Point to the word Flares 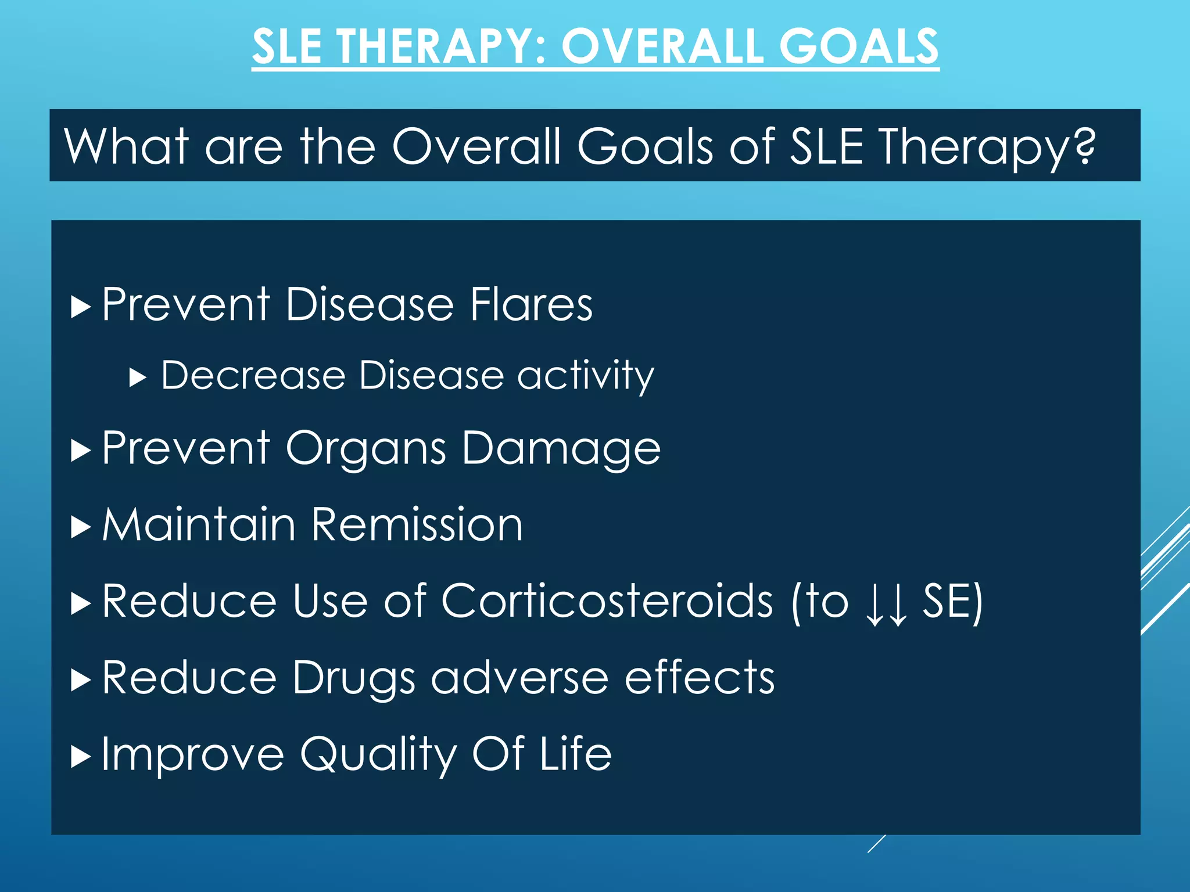(x=531, y=304)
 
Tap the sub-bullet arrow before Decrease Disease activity (x=138, y=378)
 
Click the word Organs (x=366, y=449)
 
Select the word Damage (x=561, y=449)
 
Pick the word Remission (x=417, y=525)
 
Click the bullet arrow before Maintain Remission (x=81, y=527)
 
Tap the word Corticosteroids (x=607, y=601)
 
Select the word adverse (x=519, y=678)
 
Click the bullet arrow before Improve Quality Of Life (x=81, y=757)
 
